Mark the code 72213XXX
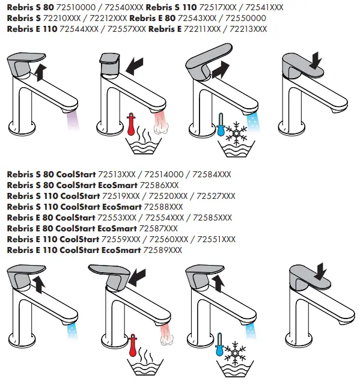click(x=248, y=29)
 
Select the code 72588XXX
click(x=163, y=207)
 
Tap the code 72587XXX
click(x=158, y=228)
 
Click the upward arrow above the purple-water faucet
click(x=40, y=72)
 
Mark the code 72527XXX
click(x=216, y=196)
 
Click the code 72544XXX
click(x=81, y=29)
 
